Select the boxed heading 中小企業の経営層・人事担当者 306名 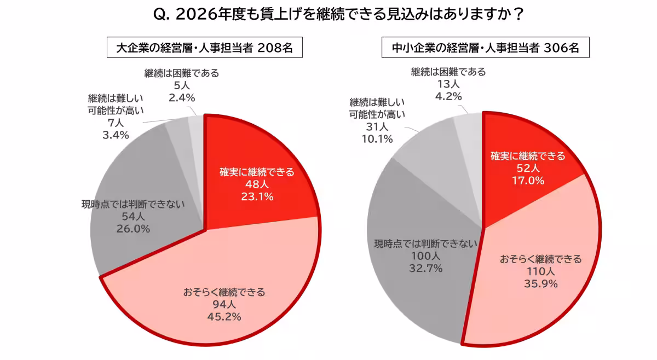click(x=485, y=48)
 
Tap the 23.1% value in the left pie click(x=257, y=196)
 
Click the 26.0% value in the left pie click(x=133, y=229)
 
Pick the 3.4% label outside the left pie click(x=116, y=135)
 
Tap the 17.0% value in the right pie click(x=527, y=180)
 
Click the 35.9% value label click(x=540, y=283)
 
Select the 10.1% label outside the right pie click(x=377, y=138)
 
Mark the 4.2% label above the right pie click(x=448, y=96)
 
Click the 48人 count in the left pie click(x=257, y=184)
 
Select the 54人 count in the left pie click(x=133, y=217)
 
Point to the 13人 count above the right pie click(x=448, y=84)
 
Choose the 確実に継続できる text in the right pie click(x=527, y=156)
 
